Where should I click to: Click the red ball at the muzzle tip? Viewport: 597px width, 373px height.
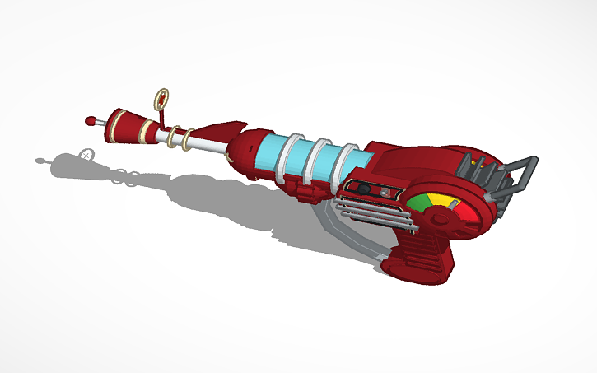pyautogui.click(x=90, y=120)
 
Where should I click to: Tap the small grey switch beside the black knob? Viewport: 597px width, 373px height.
pyautogui.click(x=384, y=193)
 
